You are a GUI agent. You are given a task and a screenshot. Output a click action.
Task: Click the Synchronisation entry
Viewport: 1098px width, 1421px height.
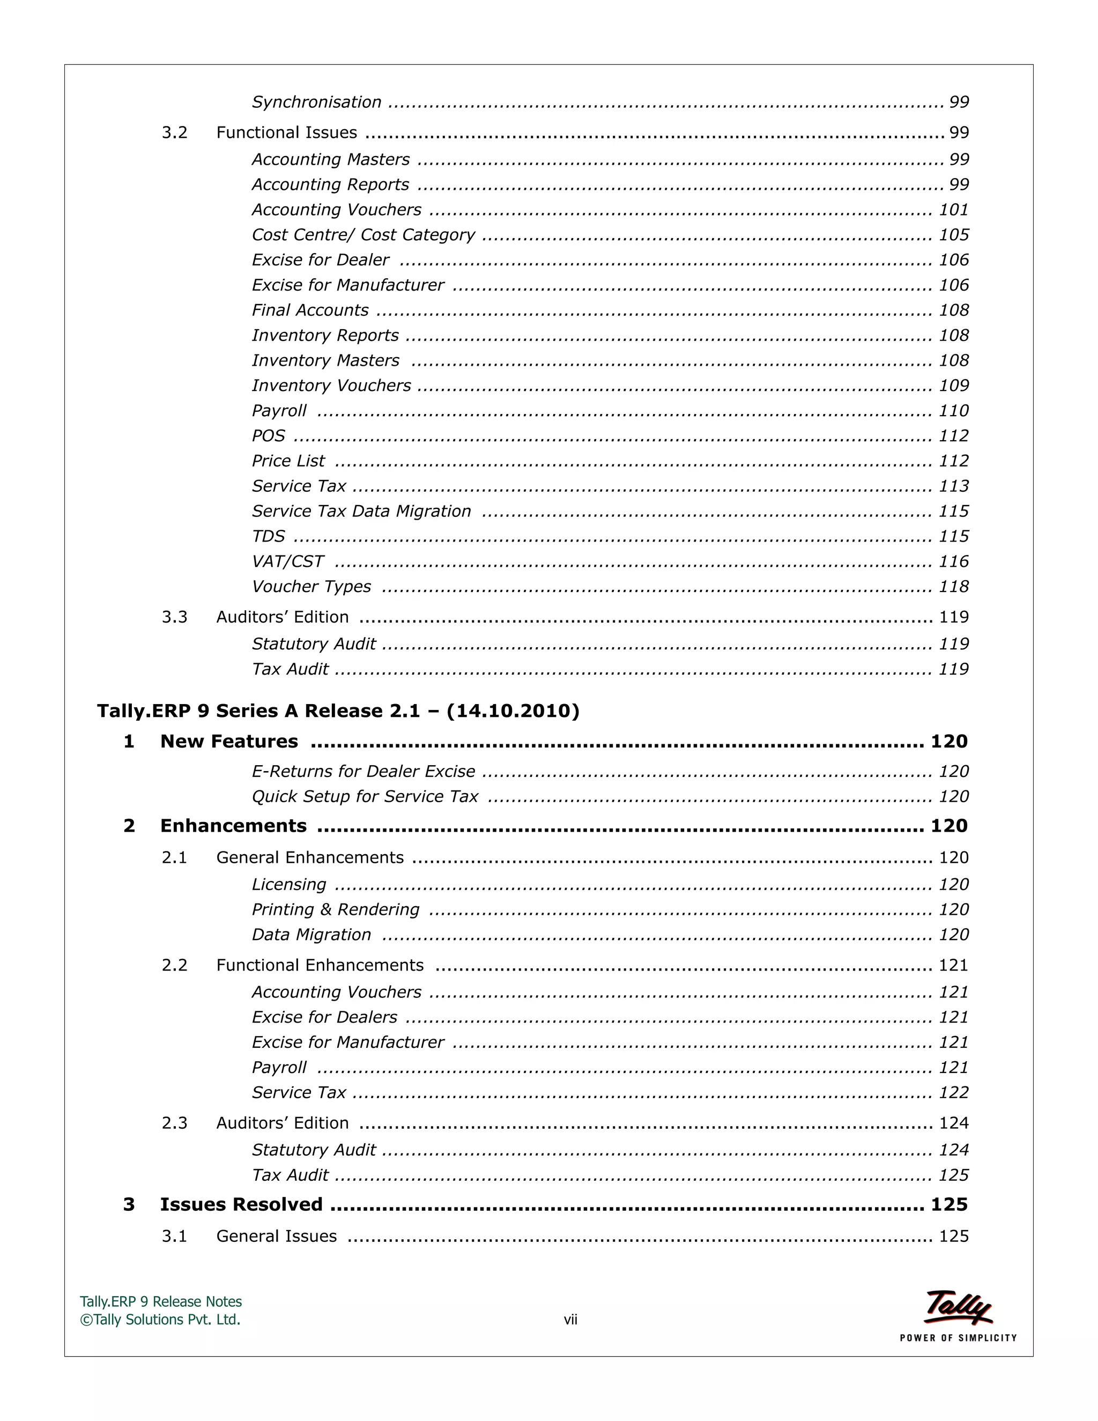pos(316,102)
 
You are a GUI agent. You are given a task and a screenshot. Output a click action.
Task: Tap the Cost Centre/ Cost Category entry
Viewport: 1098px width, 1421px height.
pos(363,235)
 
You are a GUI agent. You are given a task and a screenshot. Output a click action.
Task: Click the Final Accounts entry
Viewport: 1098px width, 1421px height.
pos(310,310)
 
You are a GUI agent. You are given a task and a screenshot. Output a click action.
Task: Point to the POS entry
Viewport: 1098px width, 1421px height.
pos(268,436)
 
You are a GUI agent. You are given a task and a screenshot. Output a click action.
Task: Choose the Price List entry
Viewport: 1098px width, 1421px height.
pos(287,461)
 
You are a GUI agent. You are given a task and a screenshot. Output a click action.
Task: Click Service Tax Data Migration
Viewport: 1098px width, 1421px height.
pos(361,512)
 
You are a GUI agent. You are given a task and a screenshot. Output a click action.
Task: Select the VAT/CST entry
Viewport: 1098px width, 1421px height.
pos(287,561)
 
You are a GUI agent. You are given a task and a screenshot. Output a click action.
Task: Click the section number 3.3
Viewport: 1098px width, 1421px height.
pos(174,617)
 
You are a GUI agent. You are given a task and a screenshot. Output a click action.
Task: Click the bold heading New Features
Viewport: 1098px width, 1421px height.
pos(229,741)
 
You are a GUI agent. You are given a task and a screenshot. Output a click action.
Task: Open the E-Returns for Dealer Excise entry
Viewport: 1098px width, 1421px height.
pos(363,772)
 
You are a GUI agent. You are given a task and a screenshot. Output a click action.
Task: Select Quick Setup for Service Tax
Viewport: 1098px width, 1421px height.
pos(365,796)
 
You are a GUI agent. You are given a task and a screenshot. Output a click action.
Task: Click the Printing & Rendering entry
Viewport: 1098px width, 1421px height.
pos(336,909)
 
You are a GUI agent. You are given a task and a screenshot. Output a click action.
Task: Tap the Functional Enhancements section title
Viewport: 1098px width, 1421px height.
pos(320,965)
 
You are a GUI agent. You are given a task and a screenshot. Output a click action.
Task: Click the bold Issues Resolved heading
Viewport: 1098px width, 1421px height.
pos(241,1204)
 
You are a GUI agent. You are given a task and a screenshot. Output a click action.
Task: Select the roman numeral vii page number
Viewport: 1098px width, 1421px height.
pos(570,1320)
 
